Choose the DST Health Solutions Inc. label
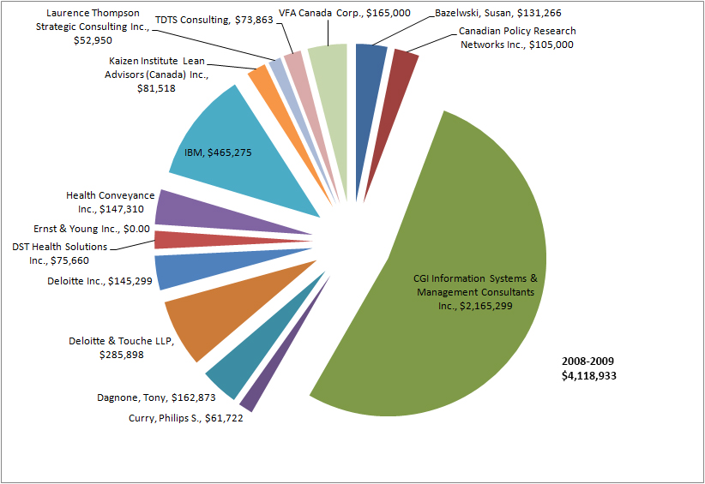[60, 254]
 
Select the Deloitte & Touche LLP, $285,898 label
[121, 347]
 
